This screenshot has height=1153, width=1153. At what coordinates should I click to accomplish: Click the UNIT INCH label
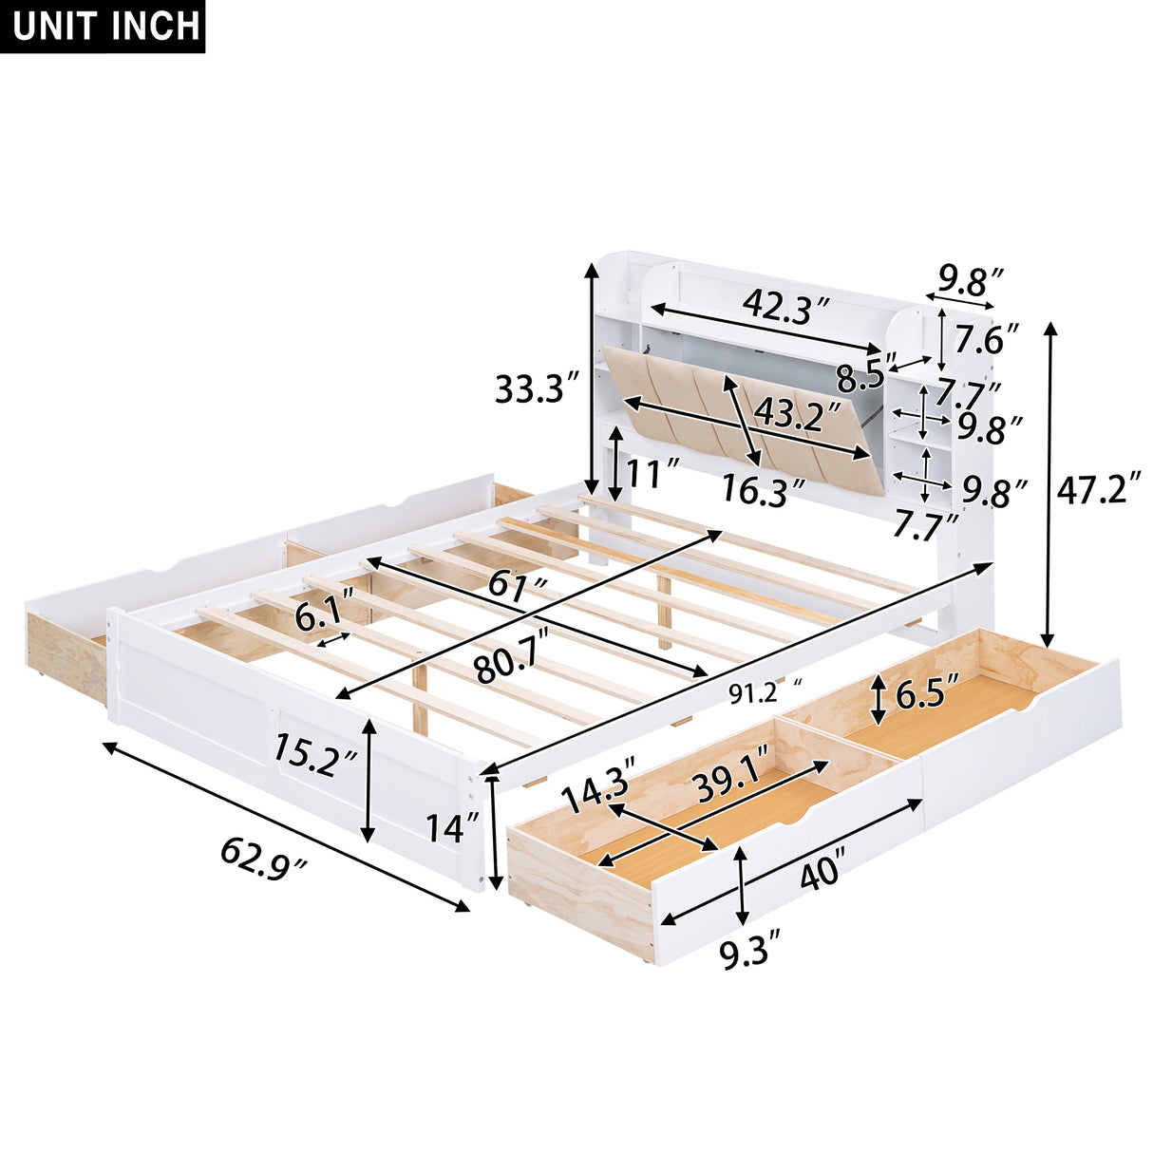107,27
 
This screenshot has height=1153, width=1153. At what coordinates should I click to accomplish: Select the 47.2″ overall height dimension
1098,490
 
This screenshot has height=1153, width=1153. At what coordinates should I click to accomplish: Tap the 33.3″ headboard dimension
537,388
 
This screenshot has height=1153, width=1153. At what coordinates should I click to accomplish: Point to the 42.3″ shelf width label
786,307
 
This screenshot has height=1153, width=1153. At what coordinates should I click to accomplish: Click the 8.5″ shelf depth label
865,376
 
